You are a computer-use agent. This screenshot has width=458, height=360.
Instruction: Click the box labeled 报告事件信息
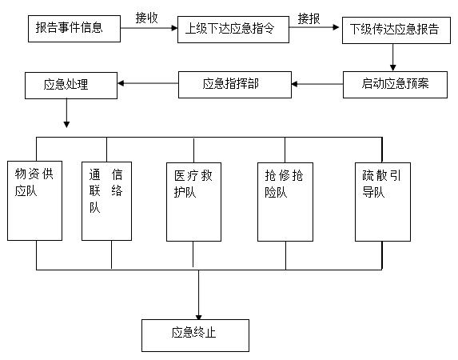pyautogui.click(x=74, y=29)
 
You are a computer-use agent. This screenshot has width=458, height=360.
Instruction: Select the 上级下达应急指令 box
pyautogui.click(x=233, y=30)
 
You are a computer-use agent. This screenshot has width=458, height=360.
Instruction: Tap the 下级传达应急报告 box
pyautogui.click(x=396, y=30)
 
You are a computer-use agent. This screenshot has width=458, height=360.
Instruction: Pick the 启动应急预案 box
pyautogui.click(x=395, y=85)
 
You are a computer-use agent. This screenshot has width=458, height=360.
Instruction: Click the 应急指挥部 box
pyautogui.click(x=235, y=85)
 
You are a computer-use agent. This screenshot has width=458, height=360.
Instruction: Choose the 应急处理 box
pyautogui.click(x=71, y=86)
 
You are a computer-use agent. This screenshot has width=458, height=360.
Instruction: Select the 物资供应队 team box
pyautogui.click(x=34, y=201)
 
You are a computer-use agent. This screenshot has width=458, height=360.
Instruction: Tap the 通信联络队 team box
pyautogui.click(x=106, y=202)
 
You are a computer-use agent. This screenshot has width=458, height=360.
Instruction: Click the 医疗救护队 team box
pyautogui.click(x=193, y=202)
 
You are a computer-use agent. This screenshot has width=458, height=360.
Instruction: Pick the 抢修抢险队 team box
pyautogui.click(x=285, y=202)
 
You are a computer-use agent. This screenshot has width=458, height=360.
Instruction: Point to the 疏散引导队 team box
pyautogui.click(x=383, y=202)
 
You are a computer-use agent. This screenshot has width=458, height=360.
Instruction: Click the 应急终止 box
pyautogui.click(x=195, y=335)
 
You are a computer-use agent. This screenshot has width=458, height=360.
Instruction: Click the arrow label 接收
pyautogui.click(x=146, y=18)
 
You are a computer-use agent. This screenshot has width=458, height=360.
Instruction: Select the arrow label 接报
pyautogui.click(x=309, y=19)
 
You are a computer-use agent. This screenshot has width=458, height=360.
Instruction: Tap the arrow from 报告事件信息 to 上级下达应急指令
pyautogui.click(x=149, y=28)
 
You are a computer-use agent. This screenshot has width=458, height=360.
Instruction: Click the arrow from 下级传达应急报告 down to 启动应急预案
pyautogui.click(x=393, y=58)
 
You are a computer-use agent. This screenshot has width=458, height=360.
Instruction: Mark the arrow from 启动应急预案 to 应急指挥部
pyautogui.click(x=317, y=84)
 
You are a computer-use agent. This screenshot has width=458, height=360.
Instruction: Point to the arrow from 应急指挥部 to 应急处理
pyautogui.click(x=148, y=83)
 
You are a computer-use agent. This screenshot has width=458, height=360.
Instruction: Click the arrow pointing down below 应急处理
pyautogui.click(x=66, y=113)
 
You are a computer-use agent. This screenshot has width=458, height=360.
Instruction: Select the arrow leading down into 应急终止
pyautogui.click(x=198, y=294)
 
